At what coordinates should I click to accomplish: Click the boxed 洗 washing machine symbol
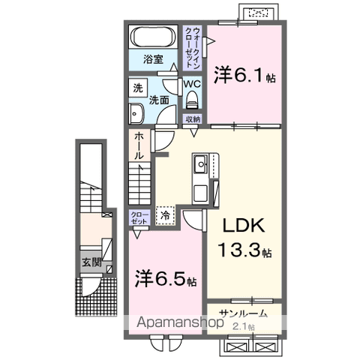(x=139, y=87)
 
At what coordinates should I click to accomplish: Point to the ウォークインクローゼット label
(x=194, y=46)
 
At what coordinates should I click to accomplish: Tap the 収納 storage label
(x=193, y=118)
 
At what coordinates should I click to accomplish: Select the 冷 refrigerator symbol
(x=165, y=215)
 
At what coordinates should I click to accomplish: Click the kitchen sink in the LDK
(x=202, y=163)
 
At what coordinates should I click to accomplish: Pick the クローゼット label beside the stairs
(x=139, y=217)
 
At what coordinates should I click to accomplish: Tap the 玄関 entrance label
(x=89, y=263)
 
